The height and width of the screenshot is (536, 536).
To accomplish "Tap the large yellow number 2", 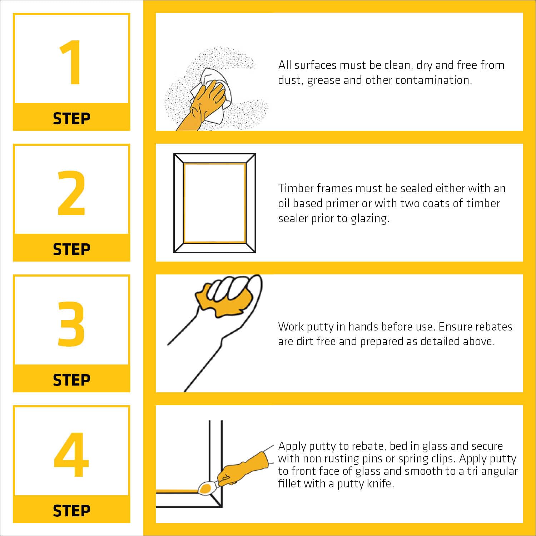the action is pyautogui.click(x=71, y=193).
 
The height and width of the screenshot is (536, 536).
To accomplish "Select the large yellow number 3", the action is pyautogui.click(x=71, y=324).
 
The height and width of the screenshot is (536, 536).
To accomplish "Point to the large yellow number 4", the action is pyautogui.click(x=71, y=455).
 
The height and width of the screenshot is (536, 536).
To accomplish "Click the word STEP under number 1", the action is pyautogui.click(x=71, y=118).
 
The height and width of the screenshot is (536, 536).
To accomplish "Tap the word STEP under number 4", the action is pyautogui.click(x=71, y=511).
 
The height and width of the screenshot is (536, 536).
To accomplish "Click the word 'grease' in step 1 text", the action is pyautogui.click(x=324, y=80).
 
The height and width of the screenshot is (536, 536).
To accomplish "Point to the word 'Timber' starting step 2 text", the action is pyautogui.click(x=296, y=188).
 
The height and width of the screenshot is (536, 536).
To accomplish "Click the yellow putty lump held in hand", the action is pyautogui.click(x=223, y=300).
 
